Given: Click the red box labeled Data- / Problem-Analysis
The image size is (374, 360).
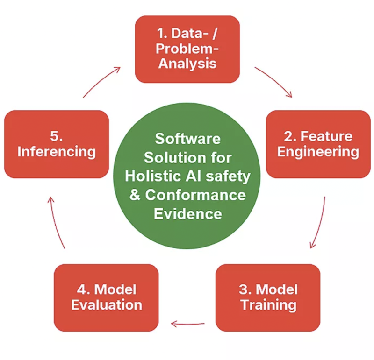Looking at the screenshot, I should tap(187, 49).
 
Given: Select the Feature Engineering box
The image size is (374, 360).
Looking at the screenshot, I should tap(318, 144).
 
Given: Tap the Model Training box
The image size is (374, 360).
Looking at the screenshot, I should tap(267, 297).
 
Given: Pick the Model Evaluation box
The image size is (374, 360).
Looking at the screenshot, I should tap(106, 297).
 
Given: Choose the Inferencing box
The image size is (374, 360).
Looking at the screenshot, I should tap(56, 144).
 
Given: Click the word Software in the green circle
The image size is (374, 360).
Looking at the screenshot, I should tap(187, 139).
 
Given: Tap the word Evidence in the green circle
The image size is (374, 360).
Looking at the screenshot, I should tap(187, 214).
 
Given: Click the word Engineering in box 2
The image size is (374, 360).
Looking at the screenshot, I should tap(318, 152).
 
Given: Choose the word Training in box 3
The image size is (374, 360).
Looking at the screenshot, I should tap(268, 305).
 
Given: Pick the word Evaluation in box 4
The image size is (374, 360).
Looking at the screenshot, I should tap(106, 305).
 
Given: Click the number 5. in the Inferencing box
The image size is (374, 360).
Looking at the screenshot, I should tap(56, 136).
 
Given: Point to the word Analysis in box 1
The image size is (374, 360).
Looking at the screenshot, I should tap(187, 63).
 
